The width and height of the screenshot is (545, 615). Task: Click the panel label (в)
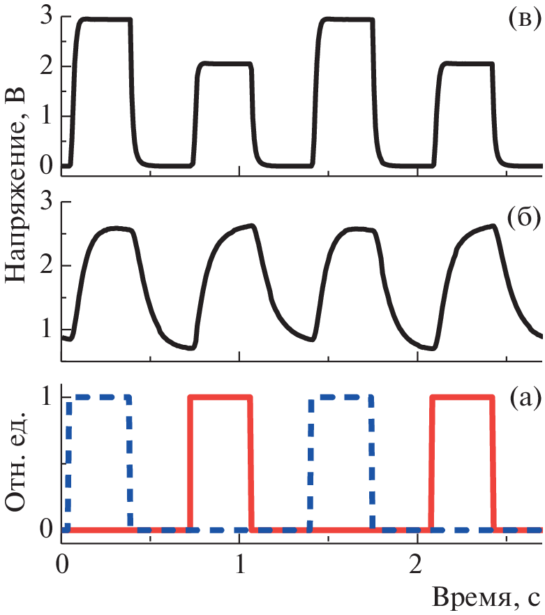point(523,20)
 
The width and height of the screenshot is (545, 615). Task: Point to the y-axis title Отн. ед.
point(18,461)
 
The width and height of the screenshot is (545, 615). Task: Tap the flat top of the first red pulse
point(220,397)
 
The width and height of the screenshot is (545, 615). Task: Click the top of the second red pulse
point(462,397)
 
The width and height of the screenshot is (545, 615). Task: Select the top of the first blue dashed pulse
point(98,397)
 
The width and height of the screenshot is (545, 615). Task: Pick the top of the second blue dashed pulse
point(341,397)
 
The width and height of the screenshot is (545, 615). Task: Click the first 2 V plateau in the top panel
point(222,64)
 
